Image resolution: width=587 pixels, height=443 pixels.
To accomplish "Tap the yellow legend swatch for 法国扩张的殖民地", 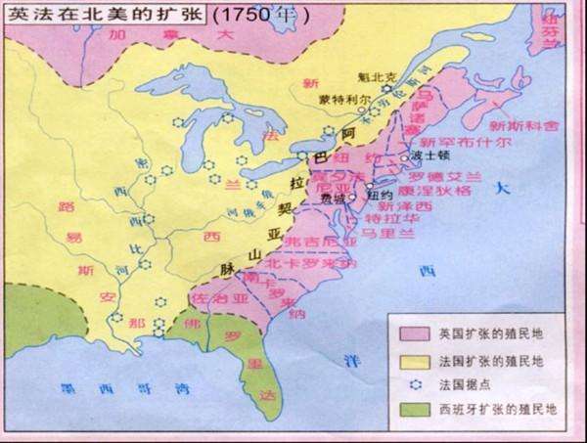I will (412, 359).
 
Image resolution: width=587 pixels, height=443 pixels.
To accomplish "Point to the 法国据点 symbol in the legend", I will (412, 383).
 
